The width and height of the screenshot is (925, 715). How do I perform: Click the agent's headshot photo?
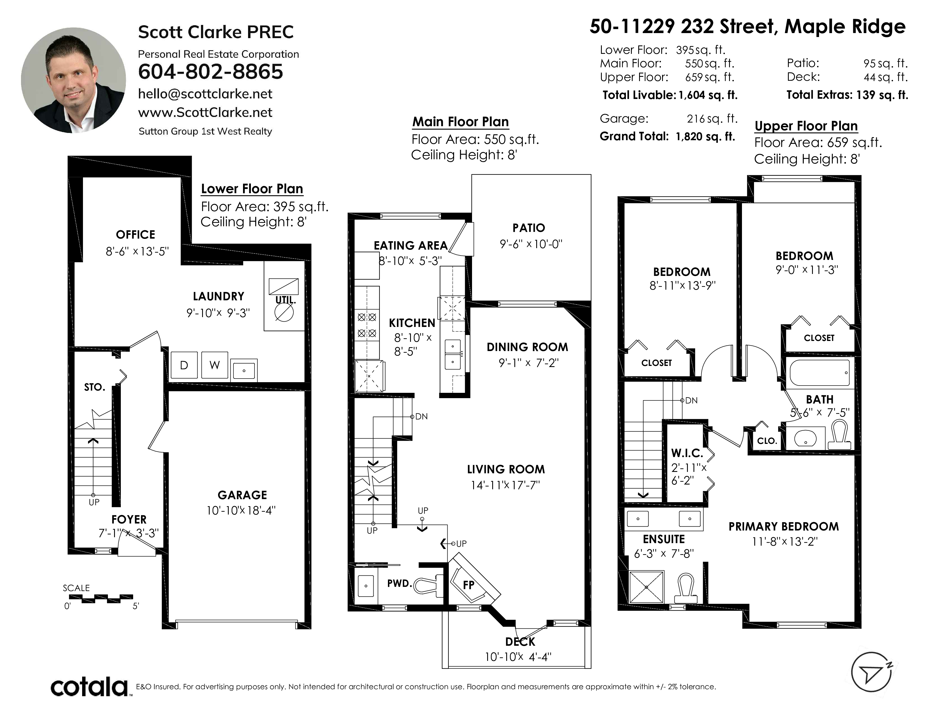point(73,80)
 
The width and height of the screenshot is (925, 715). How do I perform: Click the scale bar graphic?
point(101,599)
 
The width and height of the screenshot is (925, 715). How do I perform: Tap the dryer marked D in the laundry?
point(184,365)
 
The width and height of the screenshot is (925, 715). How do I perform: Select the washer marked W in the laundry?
point(215,365)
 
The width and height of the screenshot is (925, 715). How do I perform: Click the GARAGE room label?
point(242,495)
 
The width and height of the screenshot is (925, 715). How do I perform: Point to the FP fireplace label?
point(468,585)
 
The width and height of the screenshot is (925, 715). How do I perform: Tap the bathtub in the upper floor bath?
point(820,373)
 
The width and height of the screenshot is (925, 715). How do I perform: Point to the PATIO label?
point(529,228)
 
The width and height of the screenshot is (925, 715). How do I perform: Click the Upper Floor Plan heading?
point(806,126)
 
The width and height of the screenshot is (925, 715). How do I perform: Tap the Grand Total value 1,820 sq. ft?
point(706,136)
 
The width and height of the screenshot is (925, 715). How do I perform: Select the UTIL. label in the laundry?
point(285,300)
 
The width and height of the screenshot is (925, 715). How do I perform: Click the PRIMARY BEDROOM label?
point(783,527)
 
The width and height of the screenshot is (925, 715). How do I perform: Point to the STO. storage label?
point(94,387)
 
